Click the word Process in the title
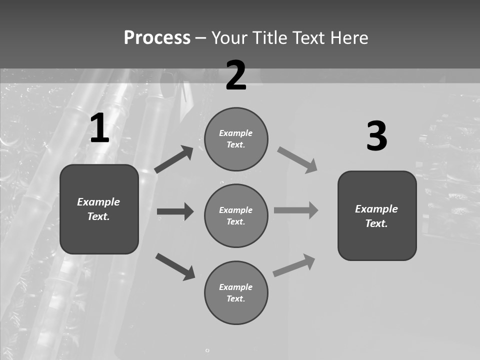point(157,37)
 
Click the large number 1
point(99,128)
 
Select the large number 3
point(376,136)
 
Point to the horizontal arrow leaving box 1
point(175,211)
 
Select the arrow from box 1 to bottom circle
point(175,266)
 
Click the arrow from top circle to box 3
point(297,160)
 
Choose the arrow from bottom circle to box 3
point(294,265)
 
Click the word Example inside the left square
point(98,202)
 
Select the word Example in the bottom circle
point(235,287)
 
